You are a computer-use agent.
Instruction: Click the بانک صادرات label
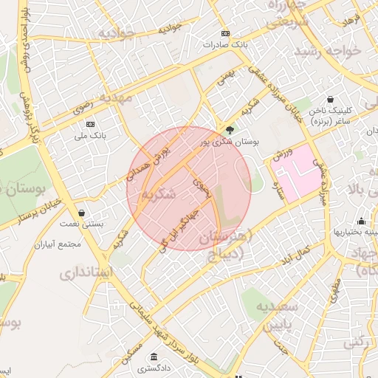226,44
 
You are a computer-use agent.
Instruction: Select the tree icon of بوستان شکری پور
230,130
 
